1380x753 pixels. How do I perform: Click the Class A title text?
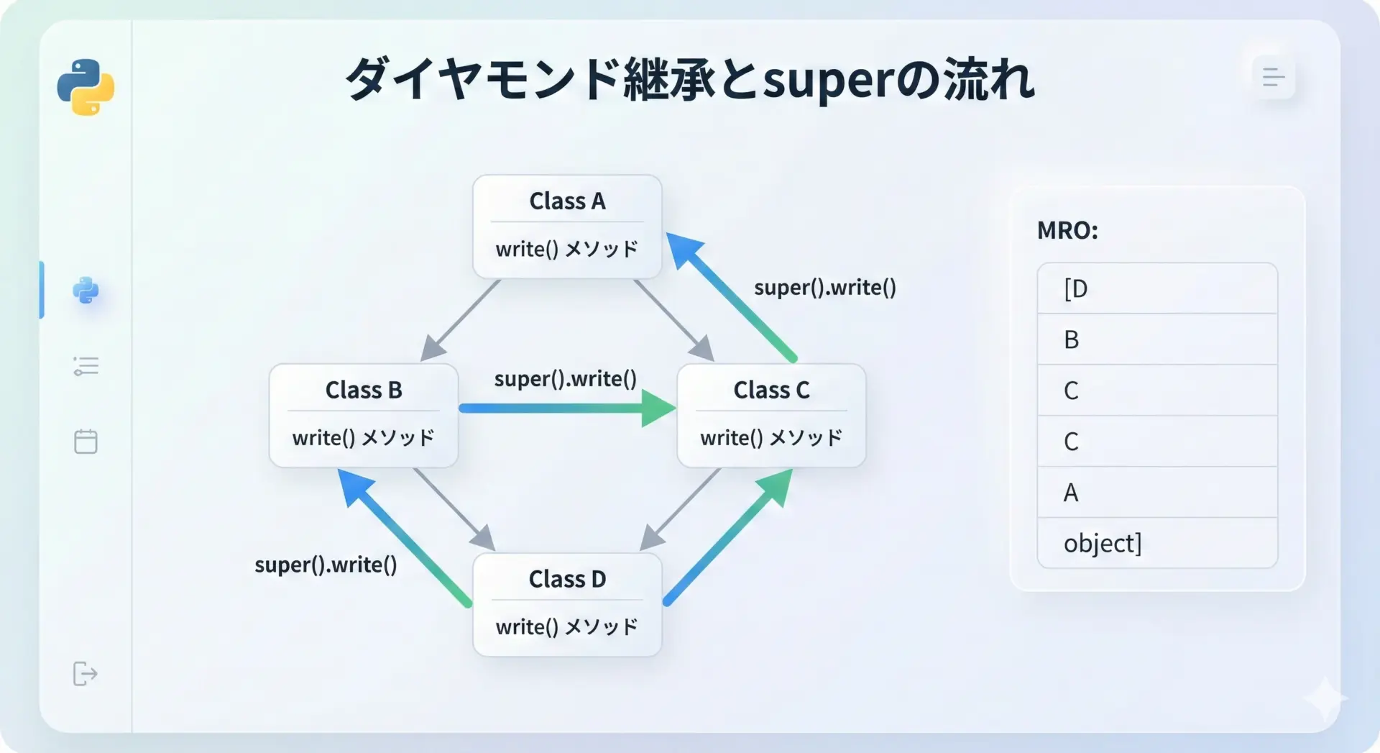click(567, 201)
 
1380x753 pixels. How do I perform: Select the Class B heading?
click(363, 390)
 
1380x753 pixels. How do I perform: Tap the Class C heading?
click(771, 390)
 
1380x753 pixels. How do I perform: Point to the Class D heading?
click(567, 579)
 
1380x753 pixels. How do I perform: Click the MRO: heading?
click(1067, 231)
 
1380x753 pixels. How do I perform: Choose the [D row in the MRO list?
click(1156, 288)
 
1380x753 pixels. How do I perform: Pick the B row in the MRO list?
click(1156, 339)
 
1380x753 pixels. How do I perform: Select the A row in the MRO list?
click(1156, 493)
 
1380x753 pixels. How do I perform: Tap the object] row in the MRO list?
click(1156, 543)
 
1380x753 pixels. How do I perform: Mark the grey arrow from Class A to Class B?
click(461, 320)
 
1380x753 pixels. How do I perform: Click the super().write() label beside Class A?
click(824, 288)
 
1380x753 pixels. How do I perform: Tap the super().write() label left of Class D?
click(326, 565)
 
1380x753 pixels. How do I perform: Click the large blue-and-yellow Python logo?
click(86, 87)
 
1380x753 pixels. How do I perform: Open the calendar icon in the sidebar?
click(86, 441)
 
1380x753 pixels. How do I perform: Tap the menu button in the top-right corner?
click(1273, 77)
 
